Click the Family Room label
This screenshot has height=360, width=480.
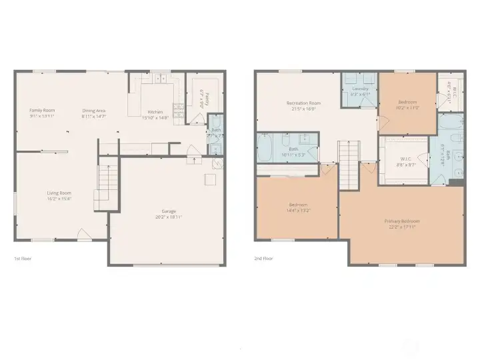[x=42, y=110]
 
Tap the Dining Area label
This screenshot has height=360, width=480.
[x=94, y=110]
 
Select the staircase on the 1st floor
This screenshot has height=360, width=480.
[x=106, y=184]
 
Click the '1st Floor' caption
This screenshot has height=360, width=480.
[x=23, y=259]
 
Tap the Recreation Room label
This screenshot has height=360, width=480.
[x=303, y=103]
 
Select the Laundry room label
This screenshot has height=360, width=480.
[x=360, y=89]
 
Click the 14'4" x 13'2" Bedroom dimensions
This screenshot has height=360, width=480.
[x=298, y=209]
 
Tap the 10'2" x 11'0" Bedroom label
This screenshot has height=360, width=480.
[x=407, y=107]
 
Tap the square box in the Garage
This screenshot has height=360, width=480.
[x=209, y=180]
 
